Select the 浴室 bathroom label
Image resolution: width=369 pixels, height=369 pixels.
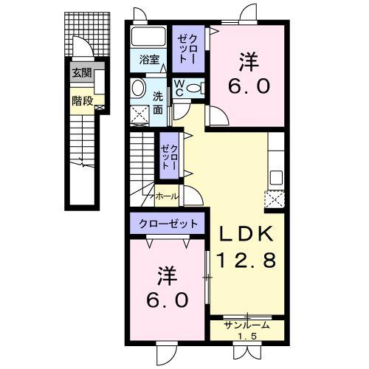150,60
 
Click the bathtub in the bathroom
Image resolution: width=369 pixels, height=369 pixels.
151,38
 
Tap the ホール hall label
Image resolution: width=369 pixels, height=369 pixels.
166,197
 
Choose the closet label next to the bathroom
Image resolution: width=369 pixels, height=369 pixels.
186,48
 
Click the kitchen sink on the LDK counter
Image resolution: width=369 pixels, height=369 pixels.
275,178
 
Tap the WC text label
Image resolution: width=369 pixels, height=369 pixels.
179,88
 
